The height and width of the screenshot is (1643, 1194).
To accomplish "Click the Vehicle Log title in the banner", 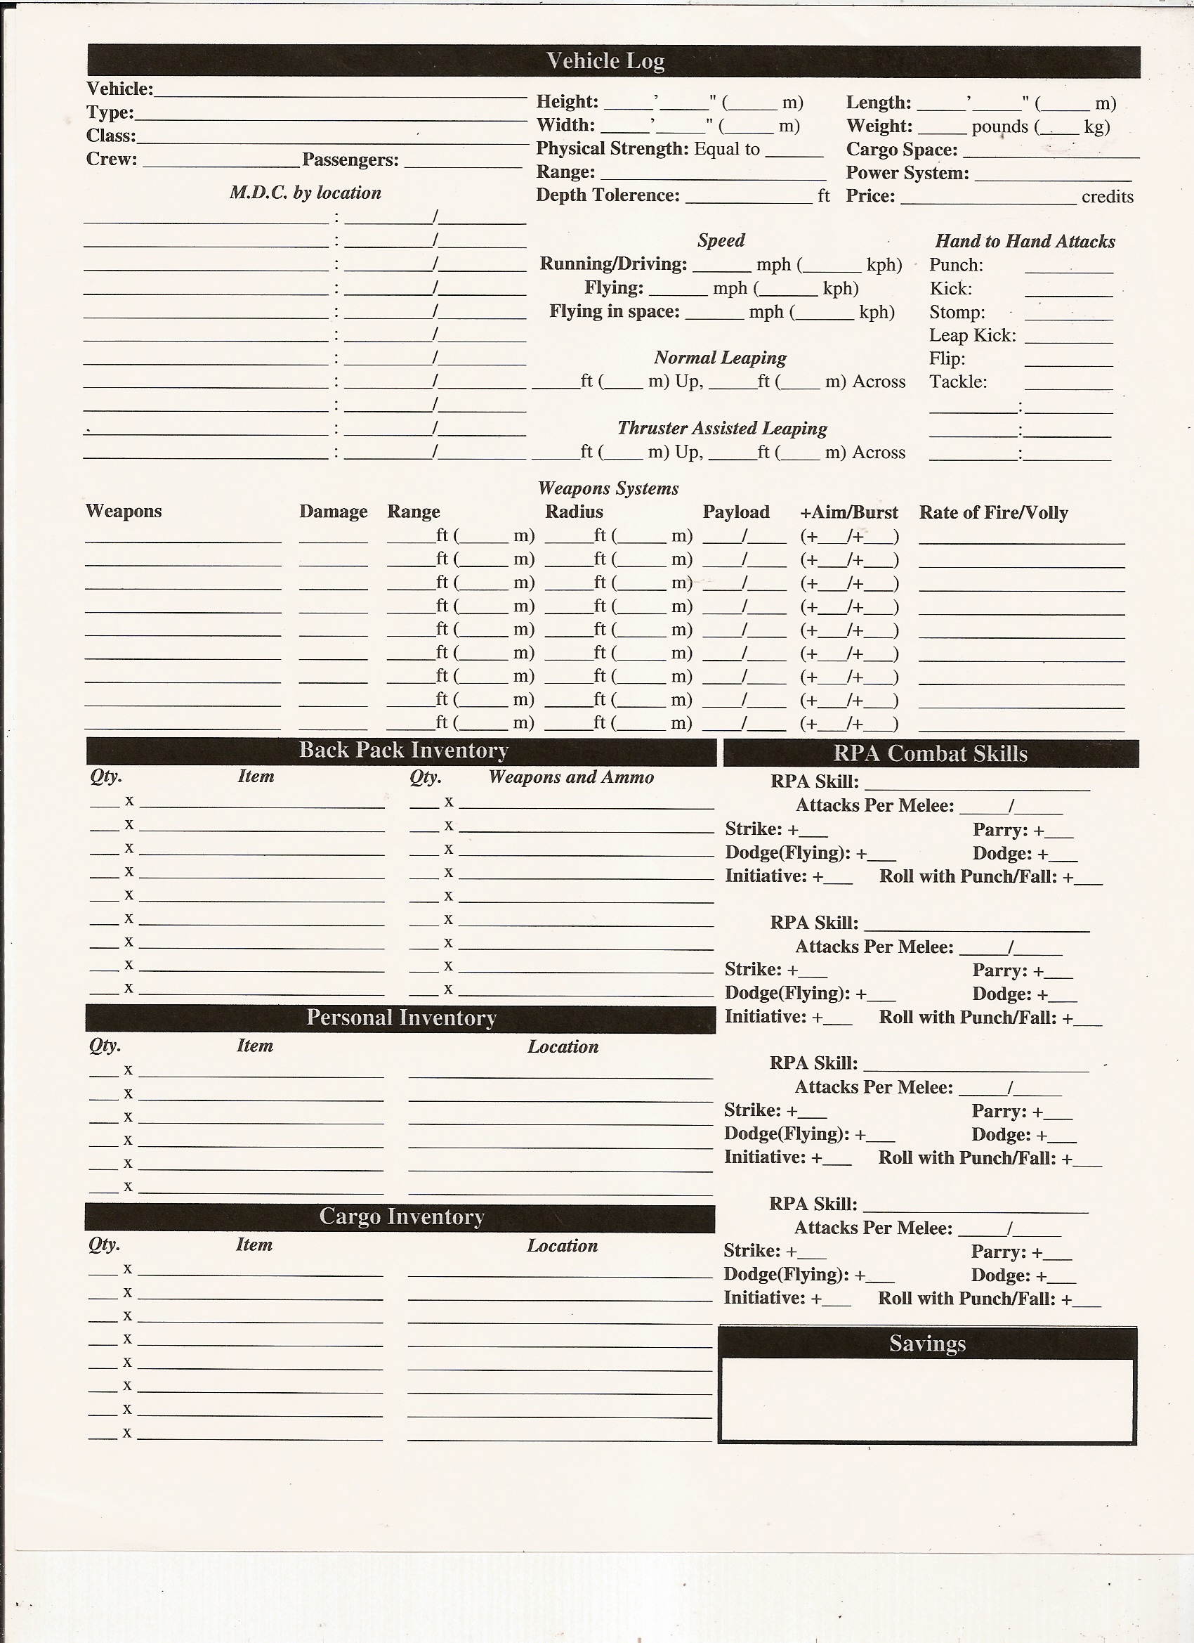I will [x=605, y=61].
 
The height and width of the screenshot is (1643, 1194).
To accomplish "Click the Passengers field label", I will [x=350, y=160].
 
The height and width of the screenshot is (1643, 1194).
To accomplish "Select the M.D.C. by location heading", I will [x=305, y=193].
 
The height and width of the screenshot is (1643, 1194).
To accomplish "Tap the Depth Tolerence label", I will [x=608, y=195].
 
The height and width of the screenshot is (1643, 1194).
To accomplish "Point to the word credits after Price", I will [x=1107, y=197].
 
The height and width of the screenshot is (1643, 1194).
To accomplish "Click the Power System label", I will [x=907, y=173].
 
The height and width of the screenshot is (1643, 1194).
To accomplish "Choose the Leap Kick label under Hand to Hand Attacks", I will [x=973, y=335].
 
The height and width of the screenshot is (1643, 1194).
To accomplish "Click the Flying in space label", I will [x=614, y=311].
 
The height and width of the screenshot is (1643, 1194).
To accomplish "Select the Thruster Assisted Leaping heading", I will [x=722, y=428].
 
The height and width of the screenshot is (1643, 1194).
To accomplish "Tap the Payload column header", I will [x=735, y=512].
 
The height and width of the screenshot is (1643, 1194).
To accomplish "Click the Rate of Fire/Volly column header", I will [x=993, y=513].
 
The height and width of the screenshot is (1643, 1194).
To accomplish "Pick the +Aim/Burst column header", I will [x=848, y=513].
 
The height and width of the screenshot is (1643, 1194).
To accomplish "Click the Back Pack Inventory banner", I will [x=403, y=751].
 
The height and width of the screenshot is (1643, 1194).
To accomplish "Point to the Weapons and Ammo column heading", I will [x=570, y=777].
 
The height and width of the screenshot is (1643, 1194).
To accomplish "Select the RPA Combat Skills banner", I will [x=930, y=753].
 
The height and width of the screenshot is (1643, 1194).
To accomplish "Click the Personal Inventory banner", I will [x=401, y=1018].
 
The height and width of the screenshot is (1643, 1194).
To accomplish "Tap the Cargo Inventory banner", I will [x=401, y=1216].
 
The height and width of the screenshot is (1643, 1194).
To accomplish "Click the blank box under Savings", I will [x=927, y=1399].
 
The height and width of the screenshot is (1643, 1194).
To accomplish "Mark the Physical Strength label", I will [x=612, y=148].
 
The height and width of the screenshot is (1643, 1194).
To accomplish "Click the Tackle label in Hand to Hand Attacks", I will [x=958, y=382].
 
